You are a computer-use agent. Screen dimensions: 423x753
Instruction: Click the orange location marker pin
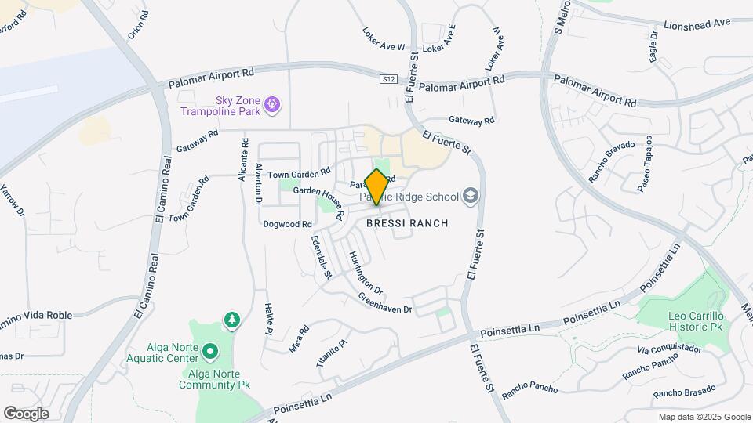376,187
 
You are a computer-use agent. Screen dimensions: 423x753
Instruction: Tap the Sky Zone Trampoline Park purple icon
272,103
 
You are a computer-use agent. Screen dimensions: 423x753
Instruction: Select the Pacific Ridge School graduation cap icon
471,195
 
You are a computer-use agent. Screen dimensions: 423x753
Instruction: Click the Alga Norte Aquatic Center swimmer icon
209,352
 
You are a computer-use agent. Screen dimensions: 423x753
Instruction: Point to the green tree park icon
231,320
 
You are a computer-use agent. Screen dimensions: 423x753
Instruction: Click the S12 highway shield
388,78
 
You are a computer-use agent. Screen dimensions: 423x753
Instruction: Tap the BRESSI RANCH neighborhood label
407,223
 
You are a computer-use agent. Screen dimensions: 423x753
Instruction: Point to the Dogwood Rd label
282,224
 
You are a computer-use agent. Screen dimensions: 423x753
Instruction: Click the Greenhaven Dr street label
385,304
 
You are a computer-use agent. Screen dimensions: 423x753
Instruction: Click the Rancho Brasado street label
684,390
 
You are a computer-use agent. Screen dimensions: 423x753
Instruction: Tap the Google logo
26,413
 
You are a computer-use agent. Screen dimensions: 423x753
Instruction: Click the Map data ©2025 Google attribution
704,417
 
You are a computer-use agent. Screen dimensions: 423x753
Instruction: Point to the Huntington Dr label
365,272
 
